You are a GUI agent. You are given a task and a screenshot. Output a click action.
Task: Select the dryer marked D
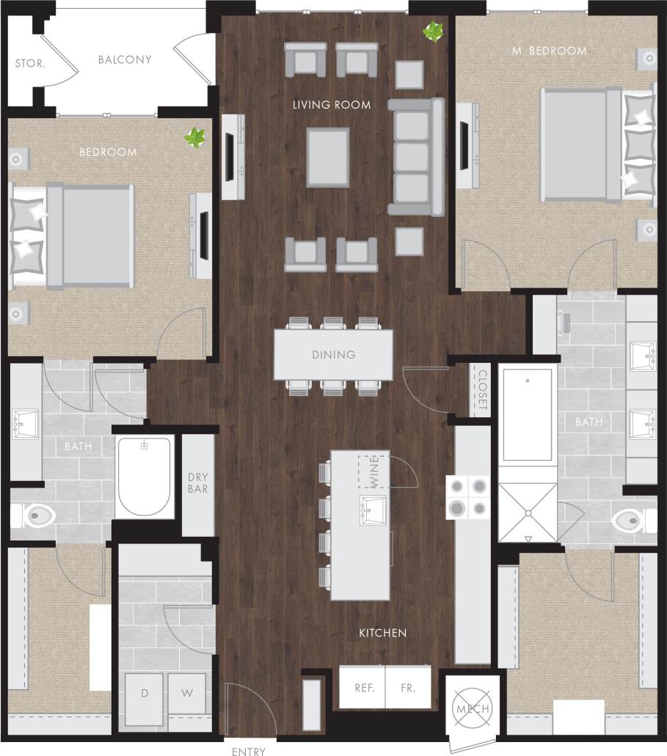[x=144, y=693]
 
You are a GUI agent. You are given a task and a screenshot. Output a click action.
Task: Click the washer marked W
[x=186, y=693]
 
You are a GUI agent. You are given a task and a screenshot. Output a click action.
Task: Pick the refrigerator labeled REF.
[x=364, y=688]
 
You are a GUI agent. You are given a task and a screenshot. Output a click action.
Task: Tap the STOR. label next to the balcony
[x=30, y=64]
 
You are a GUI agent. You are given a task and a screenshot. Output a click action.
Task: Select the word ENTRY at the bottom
[x=249, y=751]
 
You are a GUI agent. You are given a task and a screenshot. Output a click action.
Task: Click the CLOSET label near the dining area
[x=482, y=390]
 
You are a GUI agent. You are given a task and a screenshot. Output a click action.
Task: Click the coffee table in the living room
[x=328, y=157]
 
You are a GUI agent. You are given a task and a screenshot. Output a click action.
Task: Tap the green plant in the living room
[x=434, y=32]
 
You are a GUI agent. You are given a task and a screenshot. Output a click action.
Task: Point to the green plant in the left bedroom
[x=195, y=137]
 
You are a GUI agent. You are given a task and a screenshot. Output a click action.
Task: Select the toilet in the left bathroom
[x=37, y=517]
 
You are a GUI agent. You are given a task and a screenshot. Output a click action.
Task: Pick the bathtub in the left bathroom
[x=145, y=476]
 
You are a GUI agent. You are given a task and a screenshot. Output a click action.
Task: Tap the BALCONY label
[x=125, y=59]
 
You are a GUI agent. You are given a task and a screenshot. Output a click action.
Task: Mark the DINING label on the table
[x=333, y=355]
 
